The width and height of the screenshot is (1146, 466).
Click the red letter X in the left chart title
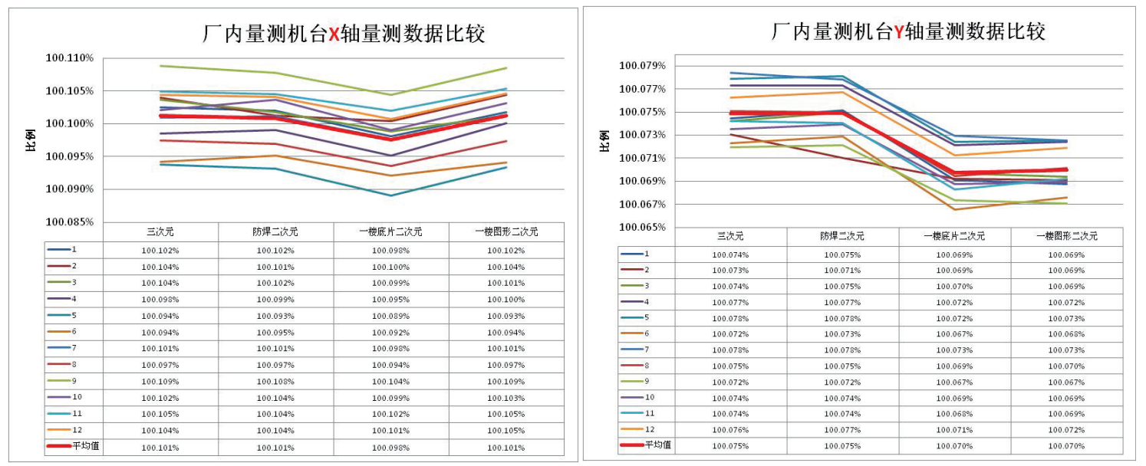334,34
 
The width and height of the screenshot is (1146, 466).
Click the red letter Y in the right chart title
897,31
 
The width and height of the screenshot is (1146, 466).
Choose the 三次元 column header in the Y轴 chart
729,236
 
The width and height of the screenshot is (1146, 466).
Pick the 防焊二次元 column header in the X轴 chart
275,231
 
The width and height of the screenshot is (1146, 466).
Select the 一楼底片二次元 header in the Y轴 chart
954,236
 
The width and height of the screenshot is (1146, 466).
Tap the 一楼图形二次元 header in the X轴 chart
506,231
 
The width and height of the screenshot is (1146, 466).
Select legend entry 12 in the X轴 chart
77,430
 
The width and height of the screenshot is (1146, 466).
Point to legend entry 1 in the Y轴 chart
647,254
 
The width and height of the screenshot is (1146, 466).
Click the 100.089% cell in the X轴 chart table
390,316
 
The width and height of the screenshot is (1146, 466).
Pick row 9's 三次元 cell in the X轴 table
160,381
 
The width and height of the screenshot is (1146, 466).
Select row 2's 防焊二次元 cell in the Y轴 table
841,270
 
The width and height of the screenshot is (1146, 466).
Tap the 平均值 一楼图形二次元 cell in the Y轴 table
1066,445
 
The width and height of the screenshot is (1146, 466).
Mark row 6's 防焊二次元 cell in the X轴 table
275,333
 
